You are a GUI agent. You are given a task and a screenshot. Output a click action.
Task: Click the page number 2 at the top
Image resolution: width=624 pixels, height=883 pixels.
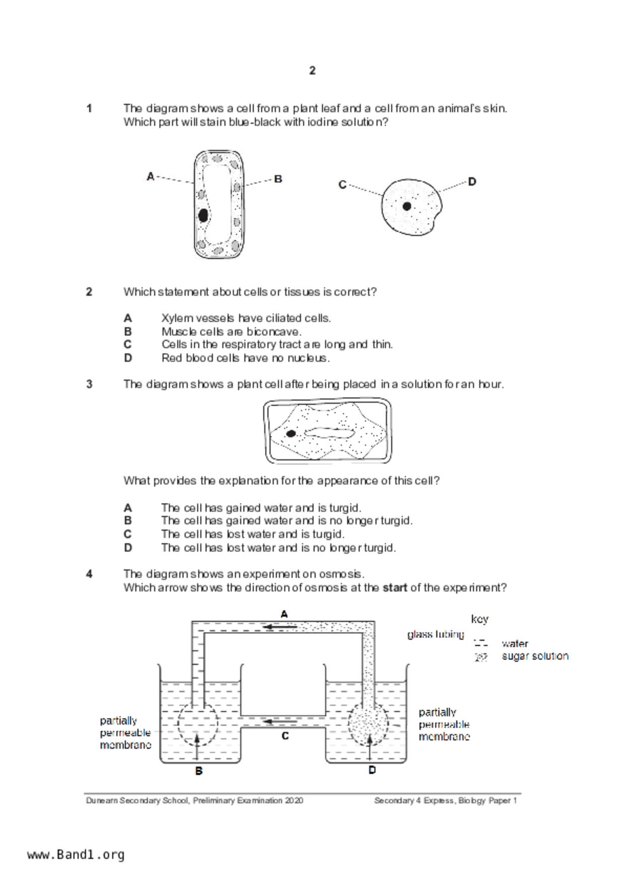(x=312, y=71)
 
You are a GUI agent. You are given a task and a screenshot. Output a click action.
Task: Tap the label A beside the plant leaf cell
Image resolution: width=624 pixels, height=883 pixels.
(x=150, y=177)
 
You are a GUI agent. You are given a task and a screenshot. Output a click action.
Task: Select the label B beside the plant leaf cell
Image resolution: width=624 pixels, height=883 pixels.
(x=278, y=179)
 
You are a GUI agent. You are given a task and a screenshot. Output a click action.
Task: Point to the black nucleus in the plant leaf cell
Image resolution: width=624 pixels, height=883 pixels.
(x=203, y=215)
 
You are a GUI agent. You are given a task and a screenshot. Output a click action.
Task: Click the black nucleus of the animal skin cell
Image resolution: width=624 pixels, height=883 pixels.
(x=407, y=206)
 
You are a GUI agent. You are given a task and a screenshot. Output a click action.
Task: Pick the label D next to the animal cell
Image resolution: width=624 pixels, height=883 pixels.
(x=472, y=182)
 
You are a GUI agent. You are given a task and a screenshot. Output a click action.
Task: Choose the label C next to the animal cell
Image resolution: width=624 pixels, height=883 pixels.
(x=342, y=185)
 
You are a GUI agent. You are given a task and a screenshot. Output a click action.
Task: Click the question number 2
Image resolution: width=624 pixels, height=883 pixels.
(x=89, y=292)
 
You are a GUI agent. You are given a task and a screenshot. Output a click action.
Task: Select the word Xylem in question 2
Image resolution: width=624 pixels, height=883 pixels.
(x=177, y=318)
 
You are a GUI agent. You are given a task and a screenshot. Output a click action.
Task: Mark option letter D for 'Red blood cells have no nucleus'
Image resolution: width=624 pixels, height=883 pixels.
(x=128, y=358)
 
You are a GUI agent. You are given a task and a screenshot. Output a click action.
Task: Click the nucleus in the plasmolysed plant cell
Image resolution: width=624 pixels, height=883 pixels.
(x=291, y=433)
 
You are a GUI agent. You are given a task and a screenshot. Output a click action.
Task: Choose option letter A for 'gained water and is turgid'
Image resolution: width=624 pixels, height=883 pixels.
(x=128, y=507)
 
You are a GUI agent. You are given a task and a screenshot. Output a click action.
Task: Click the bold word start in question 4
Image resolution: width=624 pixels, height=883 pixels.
(x=395, y=587)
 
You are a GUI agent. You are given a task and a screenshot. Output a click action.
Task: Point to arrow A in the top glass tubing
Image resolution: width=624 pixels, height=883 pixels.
(x=281, y=627)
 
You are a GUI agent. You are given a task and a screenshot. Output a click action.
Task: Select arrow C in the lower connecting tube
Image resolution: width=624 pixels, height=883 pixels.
(x=281, y=721)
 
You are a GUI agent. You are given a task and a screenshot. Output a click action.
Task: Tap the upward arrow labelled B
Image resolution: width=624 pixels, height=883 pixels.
(x=197, y=746)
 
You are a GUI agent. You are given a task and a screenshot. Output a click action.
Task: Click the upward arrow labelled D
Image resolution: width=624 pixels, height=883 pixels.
(x=371, y=746)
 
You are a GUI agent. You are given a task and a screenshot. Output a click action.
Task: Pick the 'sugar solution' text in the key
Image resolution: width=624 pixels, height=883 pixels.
(x=535, y=656)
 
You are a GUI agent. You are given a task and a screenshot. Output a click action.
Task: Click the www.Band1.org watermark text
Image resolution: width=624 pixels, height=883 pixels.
(x=76, y=855)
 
